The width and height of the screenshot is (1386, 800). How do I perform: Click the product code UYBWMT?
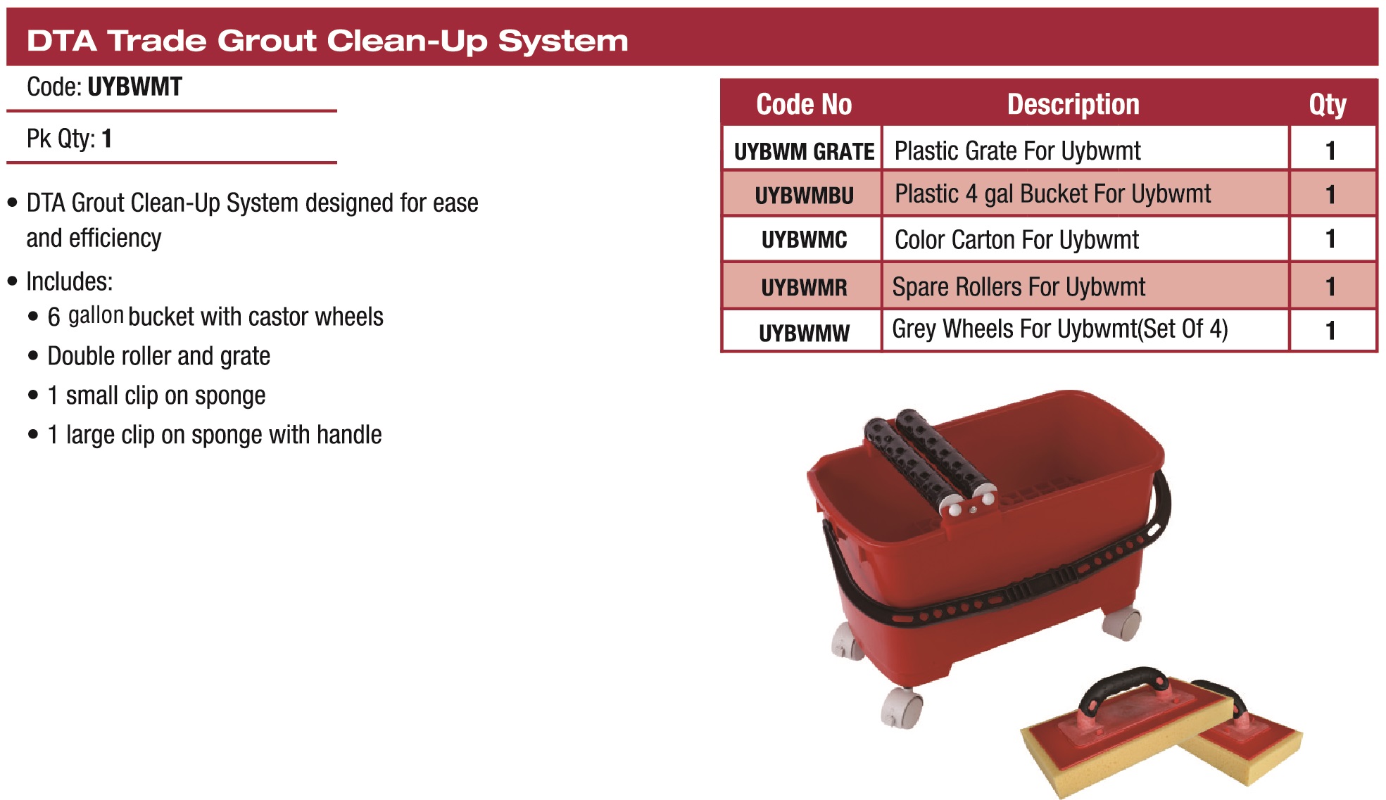[x=135, y=87]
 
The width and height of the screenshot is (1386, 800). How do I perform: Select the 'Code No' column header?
[x=804, y=104]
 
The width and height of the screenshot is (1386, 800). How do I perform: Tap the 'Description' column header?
[x=1073, y=104]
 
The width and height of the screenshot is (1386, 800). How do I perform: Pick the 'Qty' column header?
[x=1328, y=105]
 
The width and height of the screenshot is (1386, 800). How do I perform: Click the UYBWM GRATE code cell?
[x=804, y=151]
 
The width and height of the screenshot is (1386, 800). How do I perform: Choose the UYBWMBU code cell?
[x=804, y=196]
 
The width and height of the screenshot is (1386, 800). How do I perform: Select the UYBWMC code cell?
[x=804, y=240]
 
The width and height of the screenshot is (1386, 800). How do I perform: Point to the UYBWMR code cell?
[x=804, y=287]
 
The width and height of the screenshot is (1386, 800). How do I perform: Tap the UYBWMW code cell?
[x=804, y=332]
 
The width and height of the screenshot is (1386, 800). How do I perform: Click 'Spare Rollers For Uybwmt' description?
[x=1019, y=287]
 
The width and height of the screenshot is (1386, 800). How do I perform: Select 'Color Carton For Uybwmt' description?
[x=1016, y=240]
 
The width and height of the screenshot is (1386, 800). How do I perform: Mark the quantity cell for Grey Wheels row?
[x=1330, y=331]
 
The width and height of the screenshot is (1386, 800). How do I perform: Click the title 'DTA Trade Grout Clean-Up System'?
[x=327, y=41]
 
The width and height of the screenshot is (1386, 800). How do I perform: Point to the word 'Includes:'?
[x=69, y=281]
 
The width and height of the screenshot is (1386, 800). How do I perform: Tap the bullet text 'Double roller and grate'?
[x=158, y=356]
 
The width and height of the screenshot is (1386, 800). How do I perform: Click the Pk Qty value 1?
[x=107, y=139]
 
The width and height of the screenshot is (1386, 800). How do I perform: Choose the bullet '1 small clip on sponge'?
[x=156, y=395]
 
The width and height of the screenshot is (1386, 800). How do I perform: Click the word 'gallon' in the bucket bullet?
[x=96, y=316]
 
